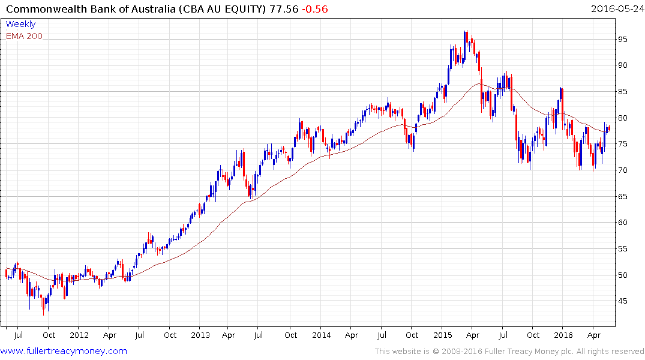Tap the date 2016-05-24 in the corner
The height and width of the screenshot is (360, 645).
(x=616, y=9)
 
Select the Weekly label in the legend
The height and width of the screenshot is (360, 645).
(x=20, y=24)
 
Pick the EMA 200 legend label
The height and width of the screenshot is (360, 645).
(x=24, y=36)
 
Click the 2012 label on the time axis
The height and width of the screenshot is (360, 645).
(x=79, y=335)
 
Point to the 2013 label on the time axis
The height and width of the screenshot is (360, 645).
(x=200, y=335)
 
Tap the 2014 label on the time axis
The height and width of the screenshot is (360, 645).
(x=321, y=335)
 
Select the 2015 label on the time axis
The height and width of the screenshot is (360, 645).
(x=442, y=335)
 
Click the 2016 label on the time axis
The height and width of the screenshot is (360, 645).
(x=563, y=335)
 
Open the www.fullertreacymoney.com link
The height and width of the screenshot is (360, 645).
(x=64, y=351)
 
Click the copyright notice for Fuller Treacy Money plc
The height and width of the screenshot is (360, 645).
(x=509, y=351)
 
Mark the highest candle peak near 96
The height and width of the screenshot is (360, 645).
(x=466, y=32)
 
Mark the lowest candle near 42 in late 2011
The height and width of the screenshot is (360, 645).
(x=43, y=313)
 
